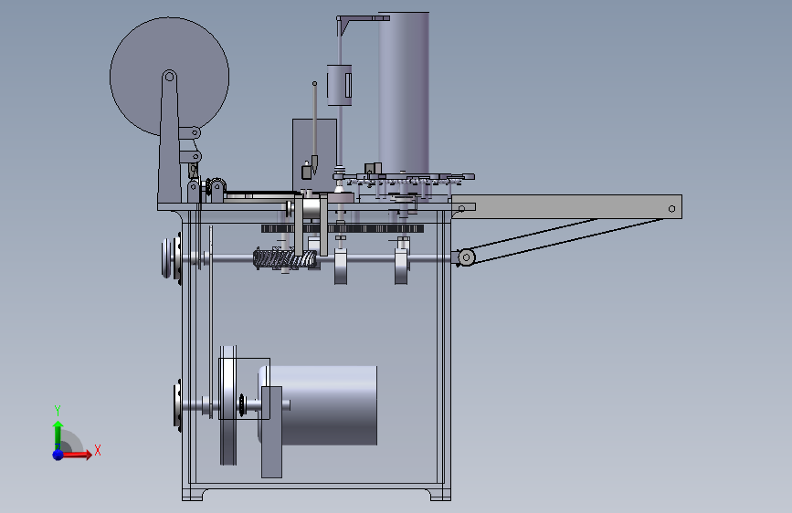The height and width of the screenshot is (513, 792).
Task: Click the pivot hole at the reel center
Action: pyautogui.click(x=170, y=77)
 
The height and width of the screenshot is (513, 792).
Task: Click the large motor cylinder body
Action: pyautogui.click(x=323, y=406)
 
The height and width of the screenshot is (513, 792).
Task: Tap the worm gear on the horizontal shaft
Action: pyautogui.click(x=285, y=259)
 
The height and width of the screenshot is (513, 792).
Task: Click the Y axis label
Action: pyautogui.click(x=58, y=410)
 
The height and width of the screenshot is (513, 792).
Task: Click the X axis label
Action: pyautogui.click(x=98, y=450)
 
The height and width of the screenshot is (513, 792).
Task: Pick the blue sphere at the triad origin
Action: pyautogui.click(x=58, y=455)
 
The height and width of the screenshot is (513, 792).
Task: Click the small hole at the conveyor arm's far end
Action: pyautogui.click(x=671, y=209)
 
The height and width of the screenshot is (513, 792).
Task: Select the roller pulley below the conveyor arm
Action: pyautogui.click(x=466, y=257)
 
